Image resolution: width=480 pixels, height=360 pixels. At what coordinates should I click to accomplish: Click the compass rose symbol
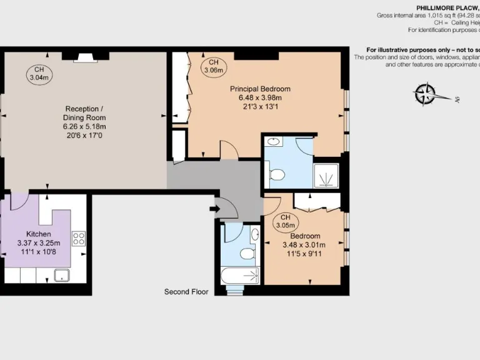(x=425, y=94)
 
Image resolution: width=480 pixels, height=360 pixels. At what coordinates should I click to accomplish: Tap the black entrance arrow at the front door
(x=214, y=208)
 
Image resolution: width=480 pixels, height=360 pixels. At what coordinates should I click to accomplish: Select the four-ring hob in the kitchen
(x=79, y=238)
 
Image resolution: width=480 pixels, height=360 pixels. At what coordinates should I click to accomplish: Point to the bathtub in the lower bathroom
(x=240, y=275)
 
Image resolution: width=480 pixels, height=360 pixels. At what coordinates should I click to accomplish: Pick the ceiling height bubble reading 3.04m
(x=39, y=73)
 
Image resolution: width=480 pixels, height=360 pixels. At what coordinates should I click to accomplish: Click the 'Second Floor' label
(x=186, y=291)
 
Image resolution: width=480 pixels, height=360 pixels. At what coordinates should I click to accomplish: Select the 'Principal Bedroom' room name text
(x=260, y=89)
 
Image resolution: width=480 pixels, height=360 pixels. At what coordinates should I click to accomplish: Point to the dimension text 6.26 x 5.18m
(x=84, y=126)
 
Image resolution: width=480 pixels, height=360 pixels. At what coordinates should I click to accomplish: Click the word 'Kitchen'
(x=38, y=233)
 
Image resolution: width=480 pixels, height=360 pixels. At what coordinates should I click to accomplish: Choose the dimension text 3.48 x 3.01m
(x=304, y=245)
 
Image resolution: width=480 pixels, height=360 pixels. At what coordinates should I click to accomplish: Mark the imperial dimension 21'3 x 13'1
(x=260, y=106)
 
